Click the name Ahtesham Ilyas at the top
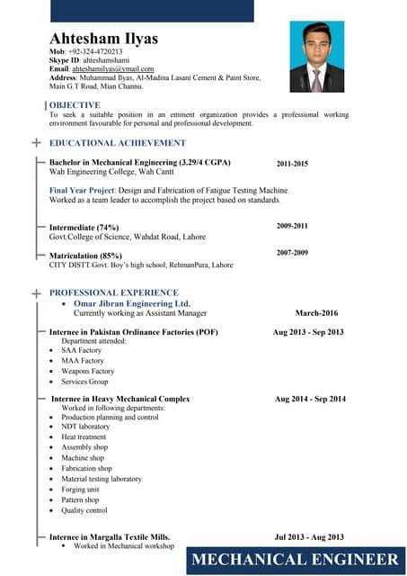pyautogui.click(x=103, y=39)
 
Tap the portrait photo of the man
pyautogui.click(x=316, y=58)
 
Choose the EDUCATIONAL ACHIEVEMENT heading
pyautogui.click(x=118, y=143)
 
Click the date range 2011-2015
pyautogui.click(x=292, y=164)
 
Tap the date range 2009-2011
pyautogui.click(x=292, y=226)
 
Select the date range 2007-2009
pyautogui.click(x=292, y=253)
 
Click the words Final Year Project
pyautogui.click(x=82, y=191)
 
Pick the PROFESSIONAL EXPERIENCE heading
pyautogui.click(x=114, y=292)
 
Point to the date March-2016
pyautogui.click(x=316, y=313)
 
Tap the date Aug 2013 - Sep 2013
pyautogui.click(x=308, y=332)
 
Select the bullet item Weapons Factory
pyautogui.click(x=88, y=371)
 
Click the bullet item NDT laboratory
pyautogui.click(x=85, y=427)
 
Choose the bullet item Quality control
pyautogui.click(x=84, y=510)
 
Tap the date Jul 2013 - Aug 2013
pyautogui.click(x=309, y=537)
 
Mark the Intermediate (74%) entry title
pyautogui.click(x=84, y=228)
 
